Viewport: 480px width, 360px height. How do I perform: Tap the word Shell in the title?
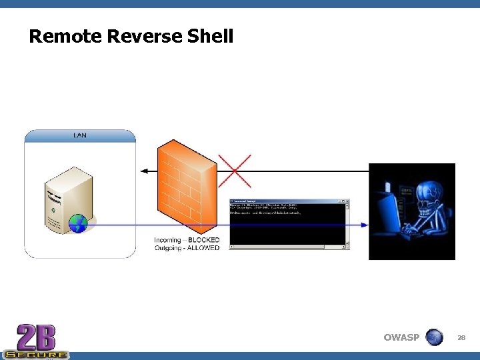(x=210, y=36)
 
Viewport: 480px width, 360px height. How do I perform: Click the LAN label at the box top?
(x=79, y=136)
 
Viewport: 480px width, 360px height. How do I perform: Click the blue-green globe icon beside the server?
(x=79, y=224)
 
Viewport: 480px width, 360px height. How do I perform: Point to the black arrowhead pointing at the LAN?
(x=144, y=171)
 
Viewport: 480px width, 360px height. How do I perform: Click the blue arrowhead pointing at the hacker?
(x=364, y=225)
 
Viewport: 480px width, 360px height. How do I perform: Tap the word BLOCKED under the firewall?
(x=203, y=240)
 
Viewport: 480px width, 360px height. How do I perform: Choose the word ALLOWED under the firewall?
(x=203, y=248)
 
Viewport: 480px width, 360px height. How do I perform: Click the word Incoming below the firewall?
(x=167, y=240)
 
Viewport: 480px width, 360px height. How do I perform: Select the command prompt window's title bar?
(x=289, y=201)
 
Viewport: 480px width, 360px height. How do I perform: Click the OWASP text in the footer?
(x=401, y=337)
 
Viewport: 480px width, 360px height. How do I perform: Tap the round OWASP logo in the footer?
(x=434, y=337)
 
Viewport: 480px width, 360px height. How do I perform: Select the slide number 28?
(x=461, y=338)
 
